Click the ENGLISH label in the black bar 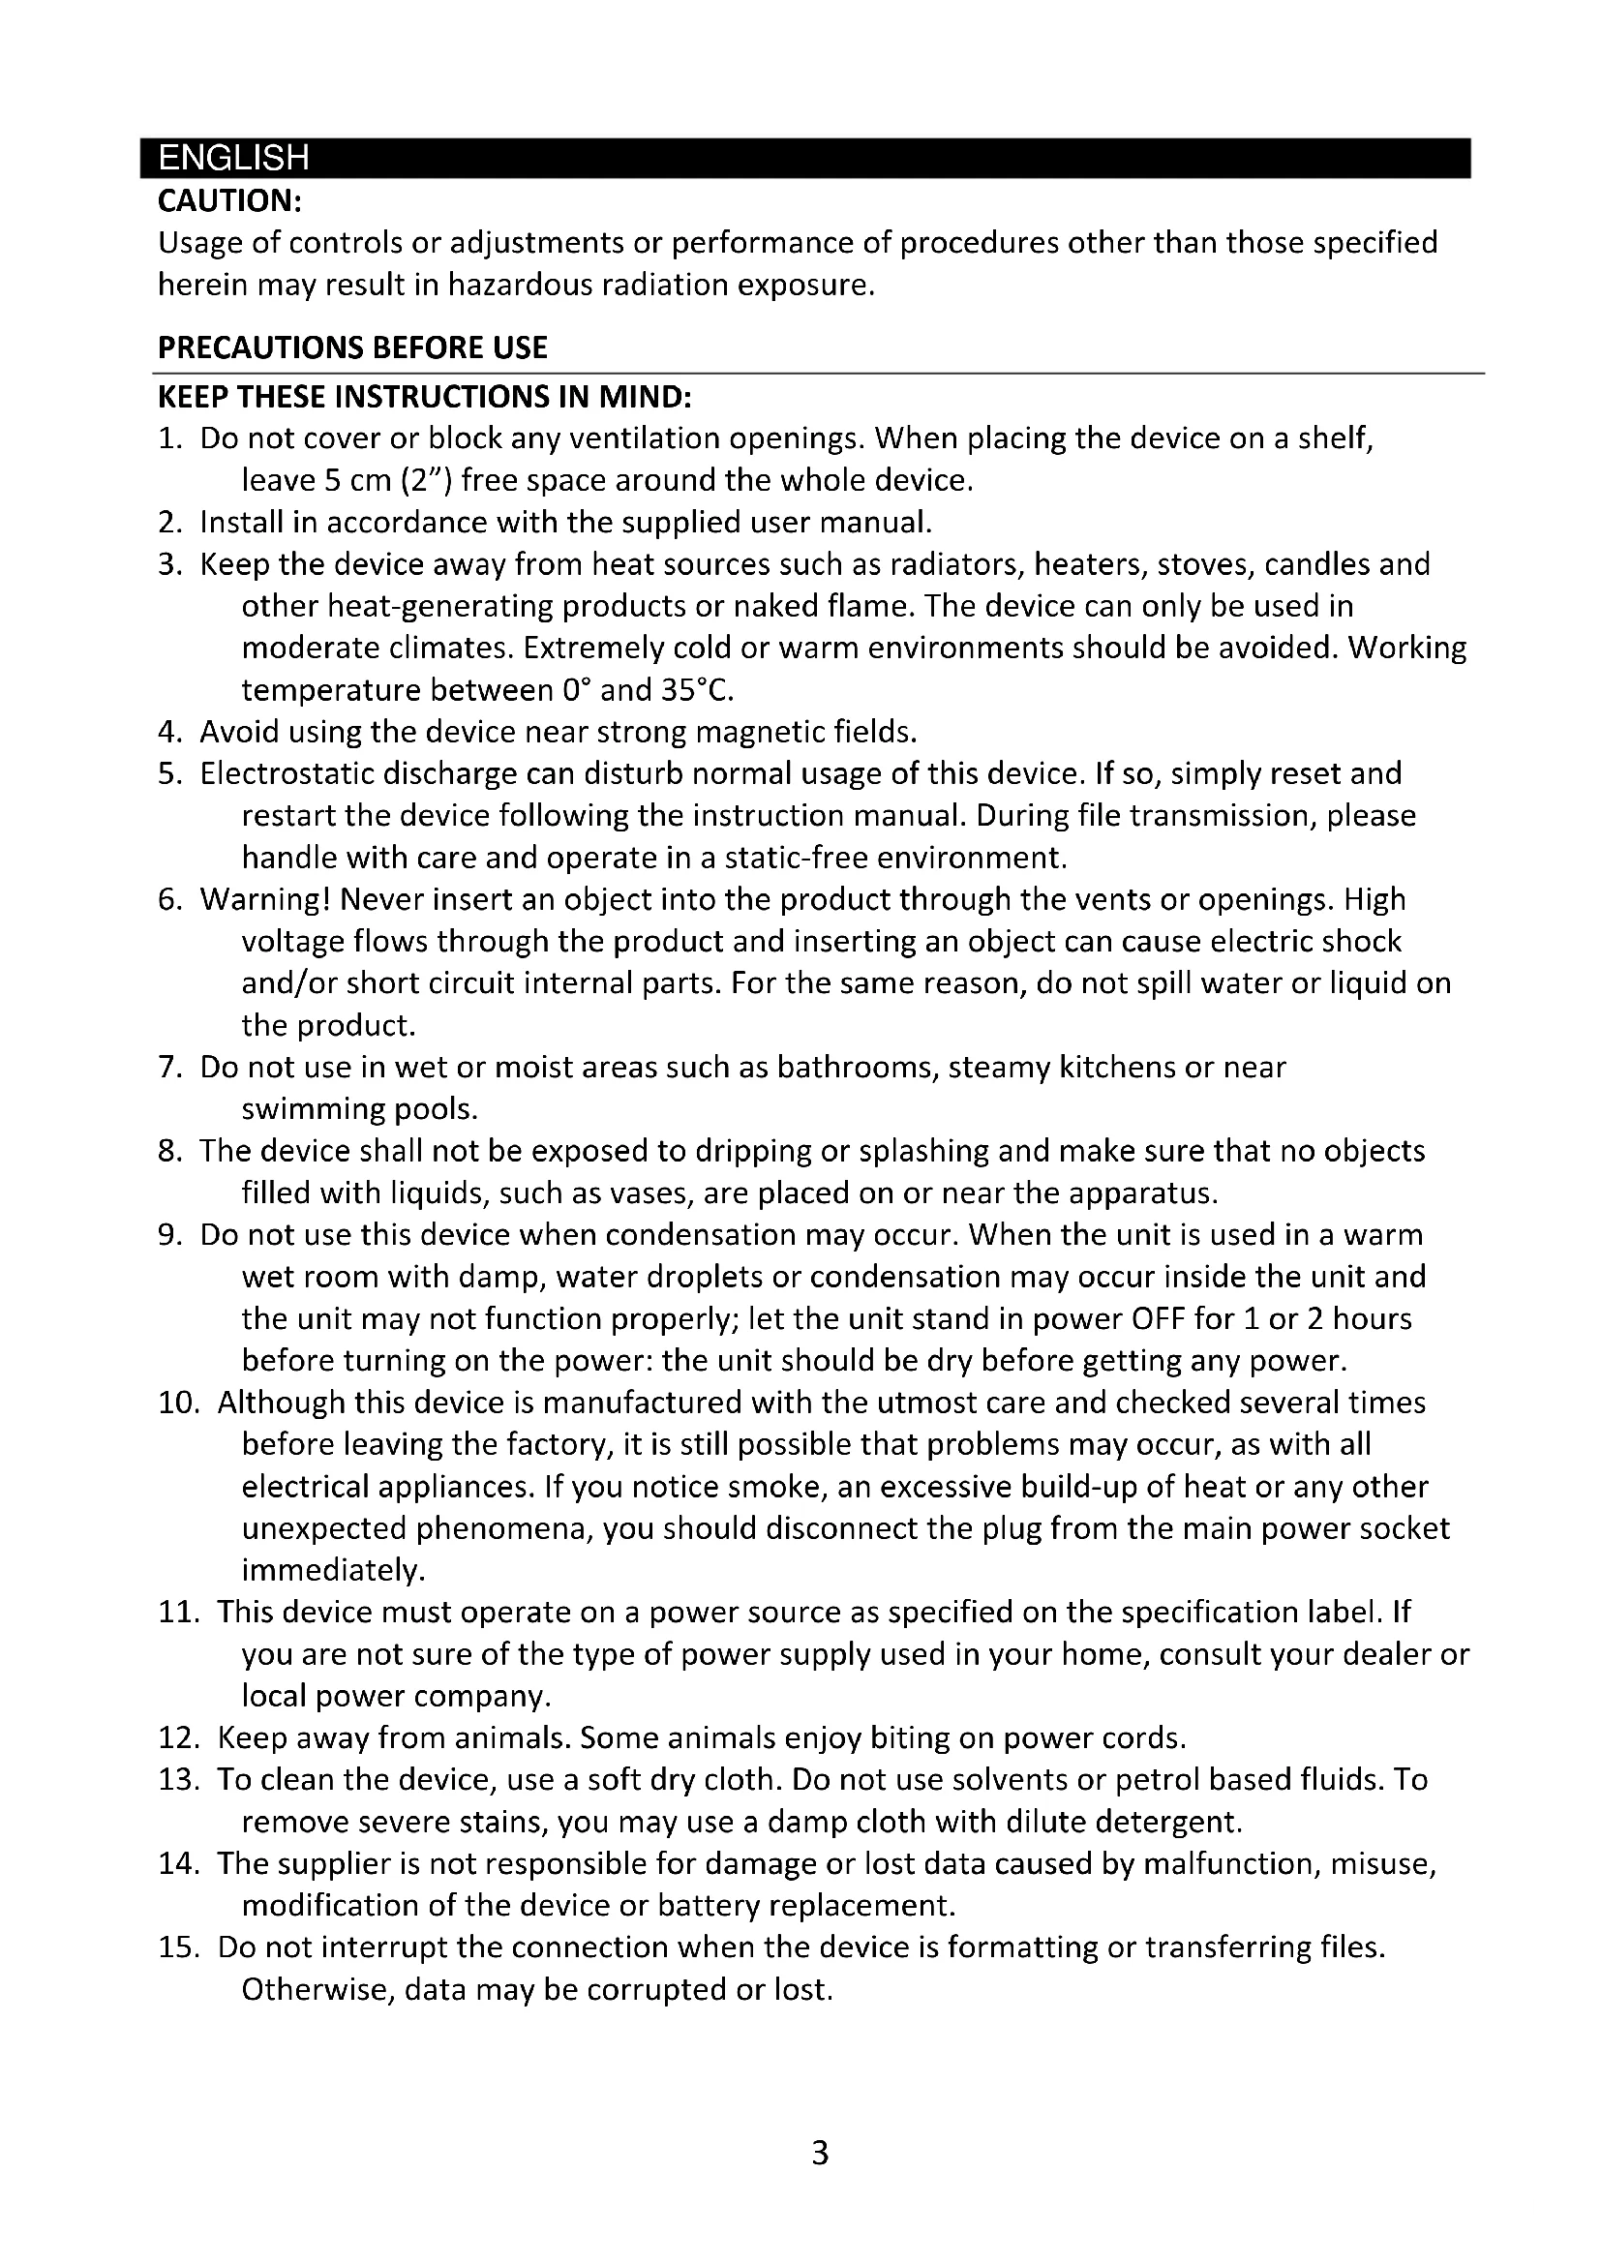233,159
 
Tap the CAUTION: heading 228,201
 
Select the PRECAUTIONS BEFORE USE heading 352,348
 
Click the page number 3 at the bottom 819,2153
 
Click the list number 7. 168,1068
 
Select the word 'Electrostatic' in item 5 285,774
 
